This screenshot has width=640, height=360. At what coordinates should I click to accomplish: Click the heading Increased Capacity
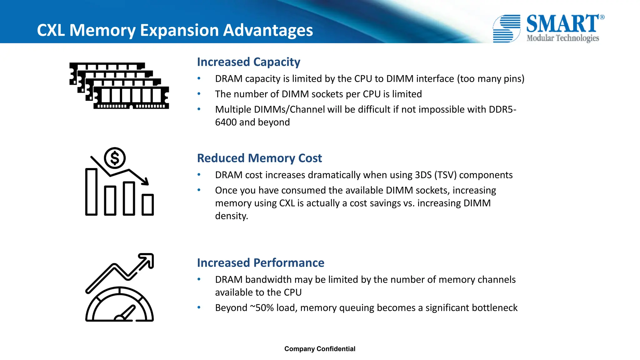[x=248, y=62]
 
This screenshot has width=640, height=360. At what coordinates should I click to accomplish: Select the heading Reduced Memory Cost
[x=259, y=158]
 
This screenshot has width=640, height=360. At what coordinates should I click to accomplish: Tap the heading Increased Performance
[x=261, y=263]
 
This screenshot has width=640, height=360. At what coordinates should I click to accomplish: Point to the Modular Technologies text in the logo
[x=562, y=38]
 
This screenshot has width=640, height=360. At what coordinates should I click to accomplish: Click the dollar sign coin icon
[x=115, y=158]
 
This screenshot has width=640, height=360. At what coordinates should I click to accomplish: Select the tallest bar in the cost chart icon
[x=91, y=192]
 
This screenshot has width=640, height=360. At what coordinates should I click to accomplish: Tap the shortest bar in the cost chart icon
[x=147, y=205]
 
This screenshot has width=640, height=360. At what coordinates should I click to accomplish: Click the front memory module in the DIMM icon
[x=131, y=97]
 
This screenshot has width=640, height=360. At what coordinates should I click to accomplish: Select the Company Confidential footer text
[x=320, y=349]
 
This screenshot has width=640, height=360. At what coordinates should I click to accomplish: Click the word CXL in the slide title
[x=51, y=30]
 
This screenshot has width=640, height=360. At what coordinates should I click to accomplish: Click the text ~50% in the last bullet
[x=262, y=308]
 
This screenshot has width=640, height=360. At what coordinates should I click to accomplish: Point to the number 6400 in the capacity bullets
[x=226, y=122]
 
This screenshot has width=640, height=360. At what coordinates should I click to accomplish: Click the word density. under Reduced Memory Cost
[x=231, y=216]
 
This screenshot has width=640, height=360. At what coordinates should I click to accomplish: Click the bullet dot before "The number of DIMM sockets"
[x=199, y=94]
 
